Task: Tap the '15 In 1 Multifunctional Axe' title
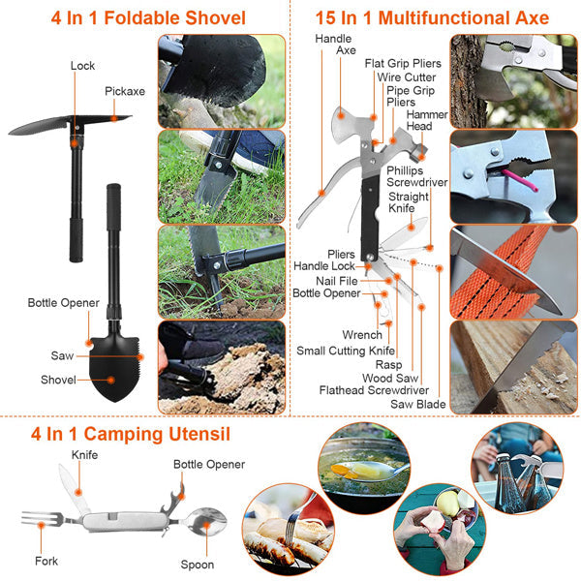(432, 17)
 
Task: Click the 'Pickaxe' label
(125, 92)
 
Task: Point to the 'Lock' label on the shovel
(82, 67)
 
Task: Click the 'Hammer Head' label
(419, 120)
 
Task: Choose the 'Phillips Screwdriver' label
(417, 176)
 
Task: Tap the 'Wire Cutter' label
(406, 76)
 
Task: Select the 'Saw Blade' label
(416, 404)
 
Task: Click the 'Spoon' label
(198, 564)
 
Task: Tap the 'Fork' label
(46, 561)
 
